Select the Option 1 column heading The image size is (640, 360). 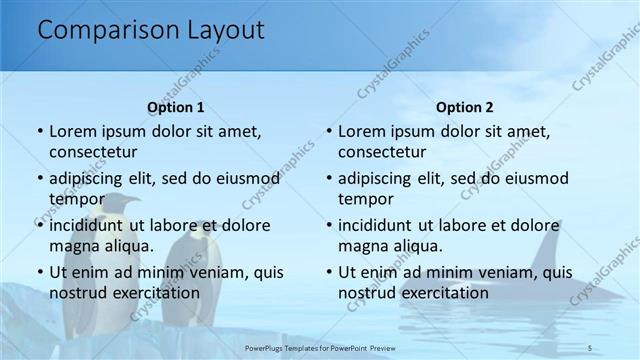click(176, 107)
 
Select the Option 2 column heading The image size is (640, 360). click(465, 107)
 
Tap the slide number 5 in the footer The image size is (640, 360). click(590, 346)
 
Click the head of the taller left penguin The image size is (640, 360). click(122, 206)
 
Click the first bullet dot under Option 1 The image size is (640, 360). click(39, 132)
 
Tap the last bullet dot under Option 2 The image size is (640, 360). click(329, 272)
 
